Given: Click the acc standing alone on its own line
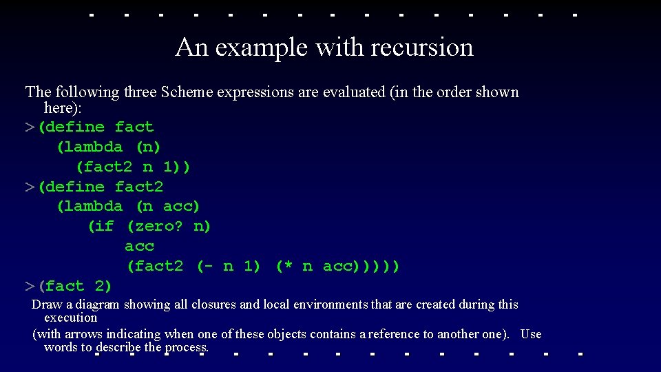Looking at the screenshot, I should tap(140, 246).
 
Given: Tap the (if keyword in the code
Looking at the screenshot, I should tap(101, 226).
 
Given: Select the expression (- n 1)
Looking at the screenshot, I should tap(229, 266).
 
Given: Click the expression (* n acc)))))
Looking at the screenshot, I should tap(337, 266).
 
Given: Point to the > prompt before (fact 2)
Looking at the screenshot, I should tap(30, 286).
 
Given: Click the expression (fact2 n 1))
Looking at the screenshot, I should tap(134, 167).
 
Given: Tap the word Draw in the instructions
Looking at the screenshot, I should tap(46, 304).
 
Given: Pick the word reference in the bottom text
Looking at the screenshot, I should tap(395, 334).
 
